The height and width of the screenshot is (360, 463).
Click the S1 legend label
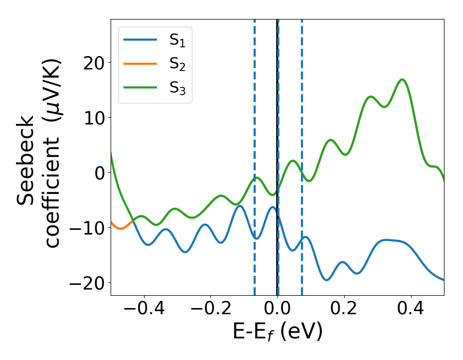[x=177, y=41]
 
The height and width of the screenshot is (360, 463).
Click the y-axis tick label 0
[x=98, y=173]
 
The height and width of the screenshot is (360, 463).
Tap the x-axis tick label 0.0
[x=277, y=310]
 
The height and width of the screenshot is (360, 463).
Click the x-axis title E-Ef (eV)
[x=277, y=332]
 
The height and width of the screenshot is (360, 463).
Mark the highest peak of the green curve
[x=402, y=80]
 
